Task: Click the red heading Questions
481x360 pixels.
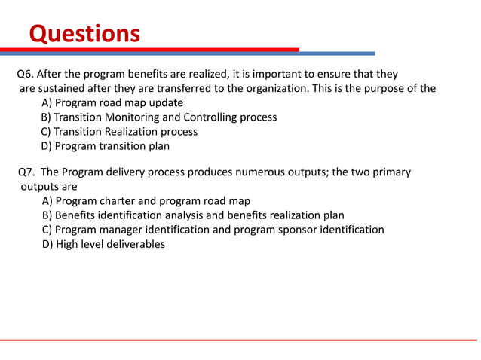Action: pos(84,34)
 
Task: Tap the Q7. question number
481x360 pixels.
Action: pos(27,172)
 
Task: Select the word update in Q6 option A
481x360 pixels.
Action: pos(166,103)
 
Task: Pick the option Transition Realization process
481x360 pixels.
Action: pos(120,132)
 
